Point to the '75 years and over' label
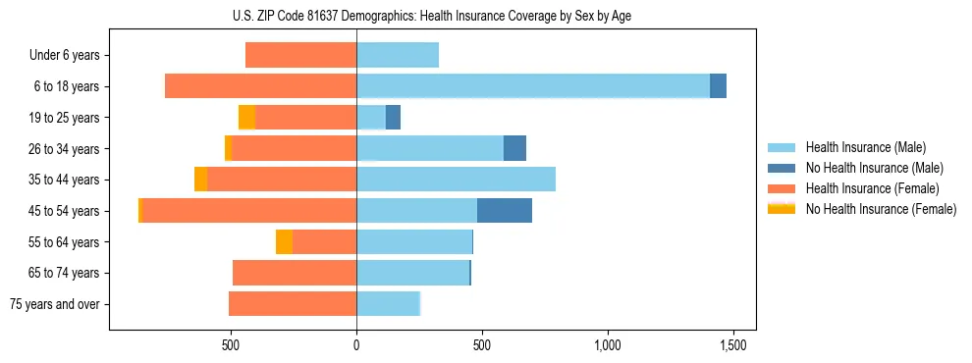pos(55,304)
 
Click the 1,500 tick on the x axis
pos(732,345)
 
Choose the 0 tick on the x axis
pos(356,345)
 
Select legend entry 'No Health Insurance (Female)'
pos(881,209)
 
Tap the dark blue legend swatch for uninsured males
pos(782,168)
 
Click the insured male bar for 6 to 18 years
pos(532,86)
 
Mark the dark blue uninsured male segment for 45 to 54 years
pos(504,211)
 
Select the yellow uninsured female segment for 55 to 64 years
pos(284,241)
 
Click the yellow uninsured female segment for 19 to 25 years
pos(246,118)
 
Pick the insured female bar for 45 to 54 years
pos(249,211)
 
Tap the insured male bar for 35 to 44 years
pos(456,180)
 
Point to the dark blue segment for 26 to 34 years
pos(514,148)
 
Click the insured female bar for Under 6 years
pos(300,55)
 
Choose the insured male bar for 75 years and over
pos(388,304)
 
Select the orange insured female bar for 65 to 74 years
pos(295,273)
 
